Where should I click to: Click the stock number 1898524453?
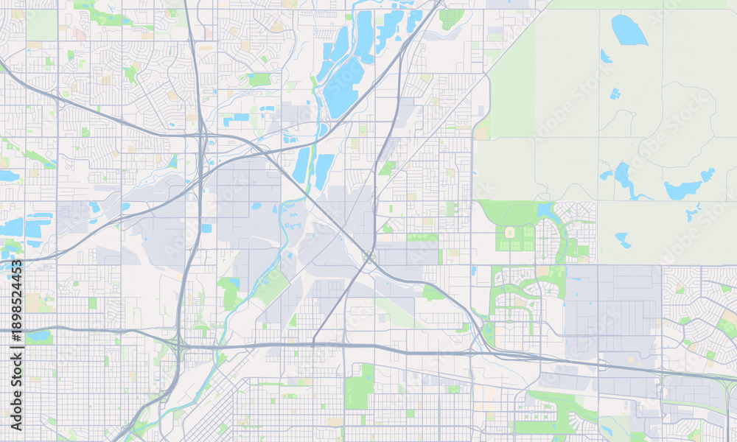pos(17,345)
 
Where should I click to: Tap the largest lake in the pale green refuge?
pos(628,30)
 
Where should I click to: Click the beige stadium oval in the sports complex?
pos(509,234)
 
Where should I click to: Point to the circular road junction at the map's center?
pos(368,257)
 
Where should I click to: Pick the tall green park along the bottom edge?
pos(360,386)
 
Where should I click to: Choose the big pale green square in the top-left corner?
pos(41,25)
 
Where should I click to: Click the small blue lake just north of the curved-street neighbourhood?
pos(545,211)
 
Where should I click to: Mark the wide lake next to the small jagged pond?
pos(682,190)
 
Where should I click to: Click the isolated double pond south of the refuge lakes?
pos(623,240)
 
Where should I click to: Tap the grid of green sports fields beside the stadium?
pos(524,237)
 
